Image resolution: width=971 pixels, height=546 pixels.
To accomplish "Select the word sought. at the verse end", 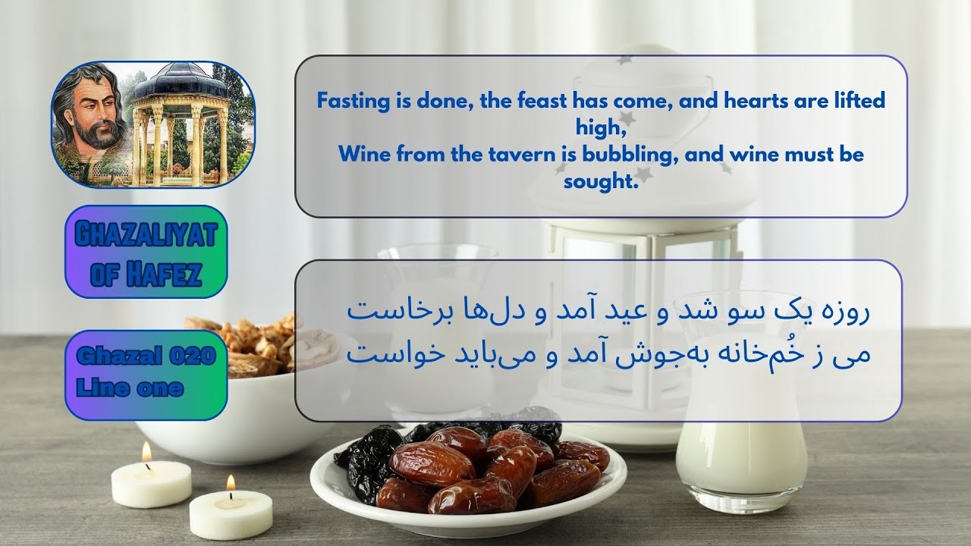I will click(599, 182).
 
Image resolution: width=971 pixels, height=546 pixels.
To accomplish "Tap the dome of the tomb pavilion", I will click(180, 81).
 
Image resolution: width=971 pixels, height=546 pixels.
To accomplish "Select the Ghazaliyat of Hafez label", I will click(146, 252).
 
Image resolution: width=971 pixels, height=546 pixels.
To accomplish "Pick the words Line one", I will click(130, 388).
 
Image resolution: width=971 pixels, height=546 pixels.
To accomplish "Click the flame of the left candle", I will click(146, 452).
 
